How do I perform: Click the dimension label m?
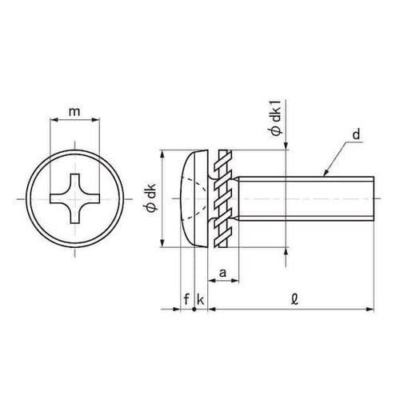pos(74,112)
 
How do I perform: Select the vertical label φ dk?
pos(153,198)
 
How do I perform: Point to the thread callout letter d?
pos(356,134)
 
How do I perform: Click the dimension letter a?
pos(222,273)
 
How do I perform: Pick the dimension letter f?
pos(186,299)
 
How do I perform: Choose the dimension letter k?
pos(200,299)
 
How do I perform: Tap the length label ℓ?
pos(294,300)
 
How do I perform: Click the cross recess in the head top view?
pos(75,198)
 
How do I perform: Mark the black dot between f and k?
pos(194,310)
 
